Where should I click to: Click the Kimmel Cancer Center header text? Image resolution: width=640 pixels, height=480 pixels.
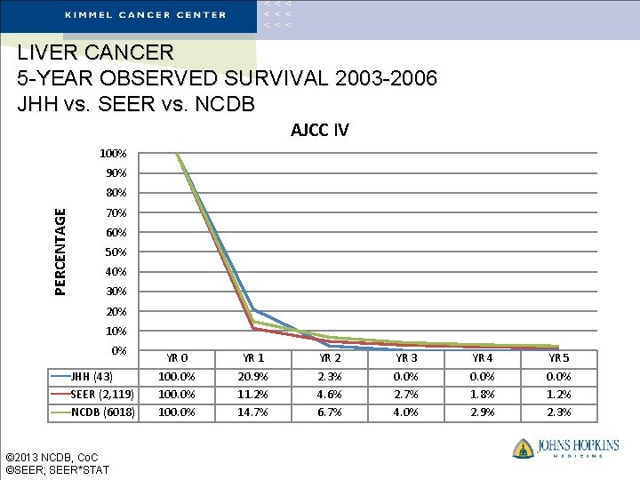coord(145,14)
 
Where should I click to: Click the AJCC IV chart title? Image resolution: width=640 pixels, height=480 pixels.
coord(320,131)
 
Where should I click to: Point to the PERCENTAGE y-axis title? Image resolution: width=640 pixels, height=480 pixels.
coord(60,251)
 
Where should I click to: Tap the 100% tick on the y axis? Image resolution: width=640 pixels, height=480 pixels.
coord(112,153)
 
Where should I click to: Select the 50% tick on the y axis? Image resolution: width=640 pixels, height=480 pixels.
coord(116,252)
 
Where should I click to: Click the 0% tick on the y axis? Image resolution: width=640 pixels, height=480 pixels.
coord(118,350)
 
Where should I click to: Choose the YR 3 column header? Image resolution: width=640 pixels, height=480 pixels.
coord(406,358)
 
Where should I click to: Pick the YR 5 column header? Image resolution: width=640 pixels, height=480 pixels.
coord(559,358)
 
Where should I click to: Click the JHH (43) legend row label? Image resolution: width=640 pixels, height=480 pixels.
coord(92,376)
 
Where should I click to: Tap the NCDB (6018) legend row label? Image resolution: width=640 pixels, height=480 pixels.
coord(102,412)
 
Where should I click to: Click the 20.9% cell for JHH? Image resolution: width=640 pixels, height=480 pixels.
coord(253,376)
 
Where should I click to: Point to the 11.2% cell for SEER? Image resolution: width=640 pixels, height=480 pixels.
coord(253,394)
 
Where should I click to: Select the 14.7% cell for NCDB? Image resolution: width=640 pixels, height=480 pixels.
coord(253,412)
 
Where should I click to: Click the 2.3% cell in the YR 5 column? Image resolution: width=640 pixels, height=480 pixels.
coord(559,412)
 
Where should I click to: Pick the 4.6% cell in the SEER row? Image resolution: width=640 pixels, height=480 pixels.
coord(330,394)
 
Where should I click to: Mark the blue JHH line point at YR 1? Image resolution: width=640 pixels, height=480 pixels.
coord(253,309)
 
